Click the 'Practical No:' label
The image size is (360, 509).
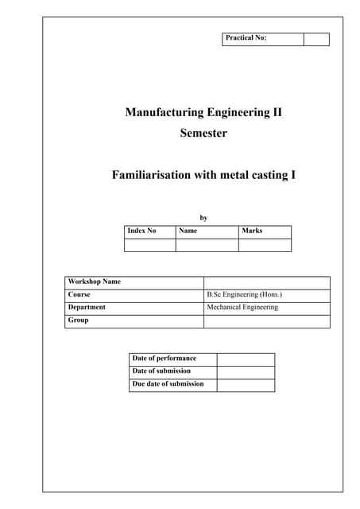(246, 38)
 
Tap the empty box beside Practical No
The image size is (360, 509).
(316, 39)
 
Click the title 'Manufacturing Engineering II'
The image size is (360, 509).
(203, 112)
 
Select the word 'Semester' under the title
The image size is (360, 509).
(203, 133)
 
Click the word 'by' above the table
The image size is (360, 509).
(203, 216)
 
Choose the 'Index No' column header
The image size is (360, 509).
(141, 231)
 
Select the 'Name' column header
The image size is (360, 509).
(188, 231)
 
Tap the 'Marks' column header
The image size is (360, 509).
(252, 231)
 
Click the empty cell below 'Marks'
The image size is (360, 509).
(265, 245)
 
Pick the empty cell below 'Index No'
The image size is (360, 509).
(149, 245)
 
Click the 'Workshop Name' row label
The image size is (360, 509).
(95, 282)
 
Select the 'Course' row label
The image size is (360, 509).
(79, 294)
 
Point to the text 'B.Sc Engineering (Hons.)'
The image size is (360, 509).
(244, 294)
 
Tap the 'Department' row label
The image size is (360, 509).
(87, 307)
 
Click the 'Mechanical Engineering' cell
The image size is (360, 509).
(242, 307)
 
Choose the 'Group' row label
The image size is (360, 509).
(79, 321)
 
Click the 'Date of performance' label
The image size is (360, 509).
(164, 359)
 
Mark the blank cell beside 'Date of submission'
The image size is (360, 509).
(245, 371)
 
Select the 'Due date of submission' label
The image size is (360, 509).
(168, 384)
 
